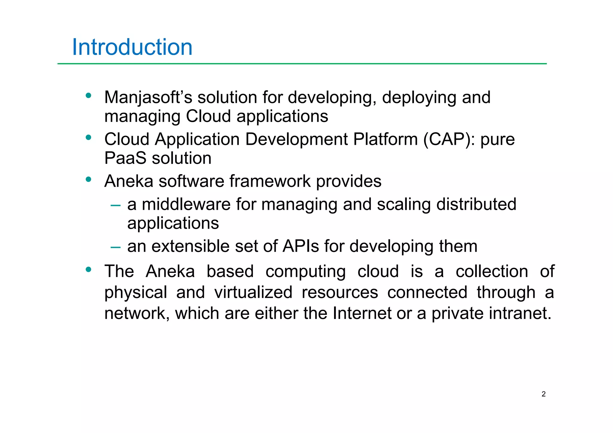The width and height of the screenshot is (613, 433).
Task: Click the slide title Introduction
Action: click(x=132, y=47)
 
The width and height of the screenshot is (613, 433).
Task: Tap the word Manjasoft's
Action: click(x=148, y=98)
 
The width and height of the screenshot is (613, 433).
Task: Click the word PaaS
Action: click(x=125, y=158)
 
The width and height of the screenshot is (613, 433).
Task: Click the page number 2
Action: click(x=544, y=394)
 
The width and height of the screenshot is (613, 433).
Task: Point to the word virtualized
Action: click(x=253, y=292)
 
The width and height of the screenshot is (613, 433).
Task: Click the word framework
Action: click(x=270, y=181)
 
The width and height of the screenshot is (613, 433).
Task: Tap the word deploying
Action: click(x=419, y=98)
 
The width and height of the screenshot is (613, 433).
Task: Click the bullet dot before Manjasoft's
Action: click(x=88, y=96)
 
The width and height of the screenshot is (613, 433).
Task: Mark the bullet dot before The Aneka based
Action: click(x=88, y=270)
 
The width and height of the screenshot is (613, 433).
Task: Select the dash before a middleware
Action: click(x=115, y=206)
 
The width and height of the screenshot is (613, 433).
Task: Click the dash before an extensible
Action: click(x=115, y=247)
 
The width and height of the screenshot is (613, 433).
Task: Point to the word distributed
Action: click(x=476, y=204)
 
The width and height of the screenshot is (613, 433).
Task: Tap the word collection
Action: click(x=492, y=271)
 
